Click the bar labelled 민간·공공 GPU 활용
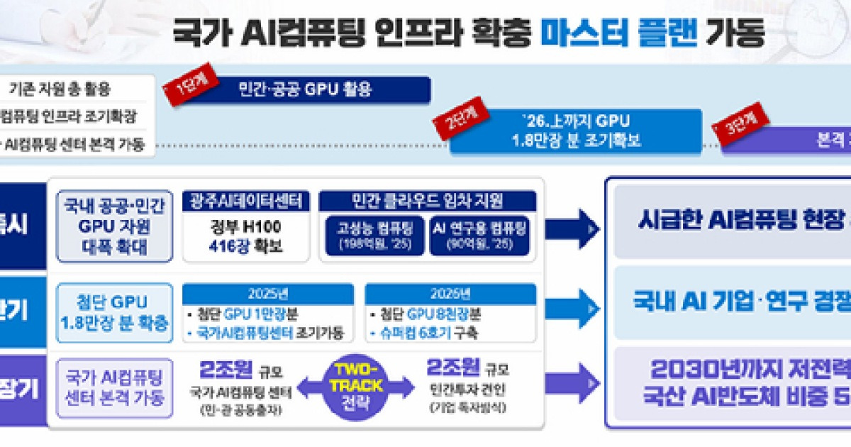pos(305,90)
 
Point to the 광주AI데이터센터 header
pos(246,201)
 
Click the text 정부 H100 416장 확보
pos(246,237)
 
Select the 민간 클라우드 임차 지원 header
pos(427,201)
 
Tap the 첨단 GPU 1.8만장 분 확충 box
pos(114,312)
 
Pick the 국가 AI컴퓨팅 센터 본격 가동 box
pos(114,387)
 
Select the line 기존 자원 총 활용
pos(60,90)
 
